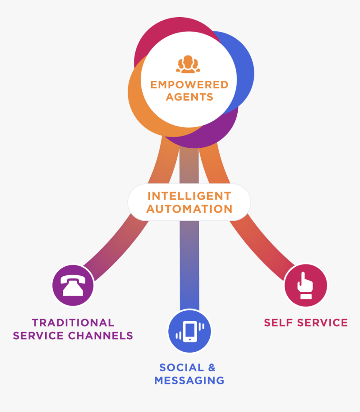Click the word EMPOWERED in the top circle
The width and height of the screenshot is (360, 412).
point(189,85)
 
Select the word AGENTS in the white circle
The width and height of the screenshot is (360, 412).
point(189,97)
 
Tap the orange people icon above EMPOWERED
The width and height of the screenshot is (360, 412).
point(188,64)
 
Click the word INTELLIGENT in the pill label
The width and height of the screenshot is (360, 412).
point(189,196)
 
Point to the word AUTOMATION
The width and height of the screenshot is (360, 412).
point(189,209)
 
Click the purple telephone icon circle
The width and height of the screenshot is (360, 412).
point(73,286)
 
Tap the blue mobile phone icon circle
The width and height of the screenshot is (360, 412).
point(190,331)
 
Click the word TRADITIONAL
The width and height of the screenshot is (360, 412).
point(73,323)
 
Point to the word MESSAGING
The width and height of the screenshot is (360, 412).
point(189,380)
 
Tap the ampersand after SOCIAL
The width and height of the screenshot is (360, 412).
point(212,368)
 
